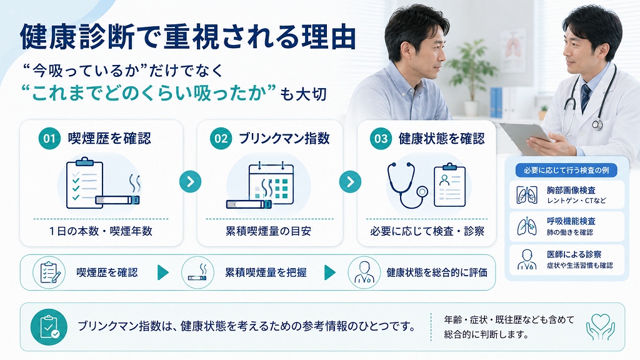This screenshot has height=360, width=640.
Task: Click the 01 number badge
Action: pos(49,139)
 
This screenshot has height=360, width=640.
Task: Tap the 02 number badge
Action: pos(221,139)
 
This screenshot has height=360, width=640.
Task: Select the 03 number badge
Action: pos(381,139)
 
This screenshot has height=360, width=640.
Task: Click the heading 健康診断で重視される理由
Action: pos(187,37)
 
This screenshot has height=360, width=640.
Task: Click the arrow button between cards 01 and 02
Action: pos(190,182)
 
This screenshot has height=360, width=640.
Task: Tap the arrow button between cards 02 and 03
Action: pos(350,182)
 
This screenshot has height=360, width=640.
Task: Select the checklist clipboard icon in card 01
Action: pos(84,183)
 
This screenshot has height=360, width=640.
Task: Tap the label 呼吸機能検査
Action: pos(571,221)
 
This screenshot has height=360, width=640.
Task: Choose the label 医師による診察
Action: pos(574,254)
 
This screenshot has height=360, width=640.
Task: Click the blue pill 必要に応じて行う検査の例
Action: pos(566,170)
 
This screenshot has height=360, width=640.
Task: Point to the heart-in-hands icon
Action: pos(601,326)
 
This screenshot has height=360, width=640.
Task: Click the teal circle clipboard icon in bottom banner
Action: pos(49,327)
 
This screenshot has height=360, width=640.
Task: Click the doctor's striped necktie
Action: pos(586,97)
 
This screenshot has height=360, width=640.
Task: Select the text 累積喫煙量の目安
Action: pos(269,231)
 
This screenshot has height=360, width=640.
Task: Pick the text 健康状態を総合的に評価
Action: pos(437,272)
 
